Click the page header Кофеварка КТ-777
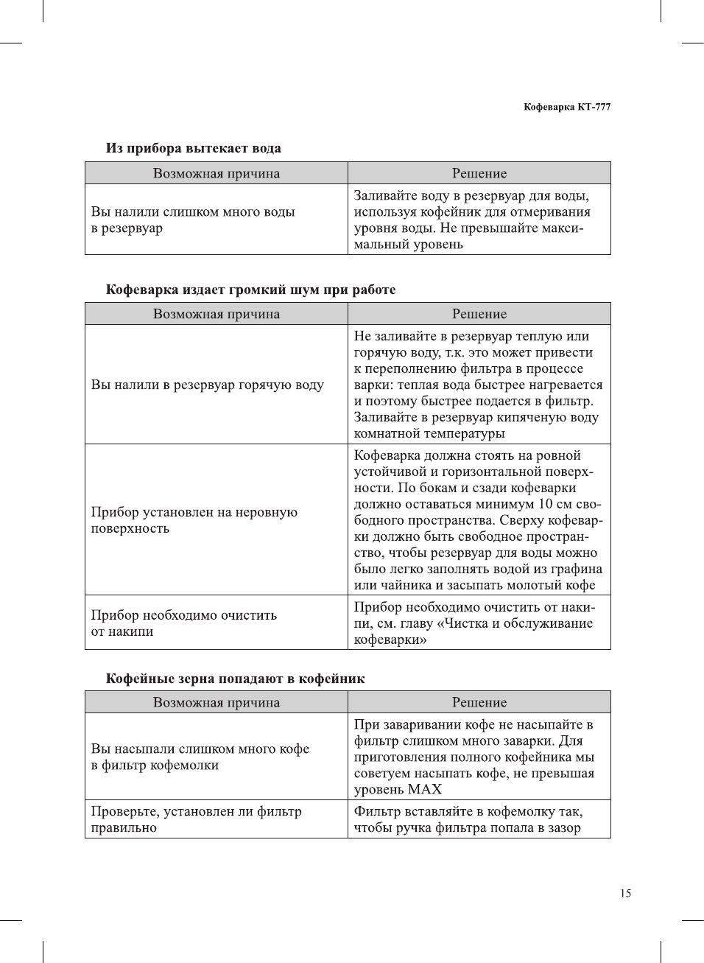(566, 107)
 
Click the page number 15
(625, 893)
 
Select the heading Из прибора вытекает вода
(193, 148)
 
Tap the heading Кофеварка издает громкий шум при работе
(250, 290)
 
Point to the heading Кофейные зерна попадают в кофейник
(235, 679)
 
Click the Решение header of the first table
(479, 173)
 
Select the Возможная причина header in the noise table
(217, 314)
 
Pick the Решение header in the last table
(479, 702)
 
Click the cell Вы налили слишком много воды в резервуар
(193, 220)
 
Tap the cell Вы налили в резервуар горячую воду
(207, 385)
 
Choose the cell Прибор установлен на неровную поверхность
(194, 520)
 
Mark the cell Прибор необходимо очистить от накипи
(183, 623)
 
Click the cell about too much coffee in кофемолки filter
(200, 757)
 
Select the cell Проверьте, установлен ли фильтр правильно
(196, 819)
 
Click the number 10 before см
(545, 504)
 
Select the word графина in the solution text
(575, 569)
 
